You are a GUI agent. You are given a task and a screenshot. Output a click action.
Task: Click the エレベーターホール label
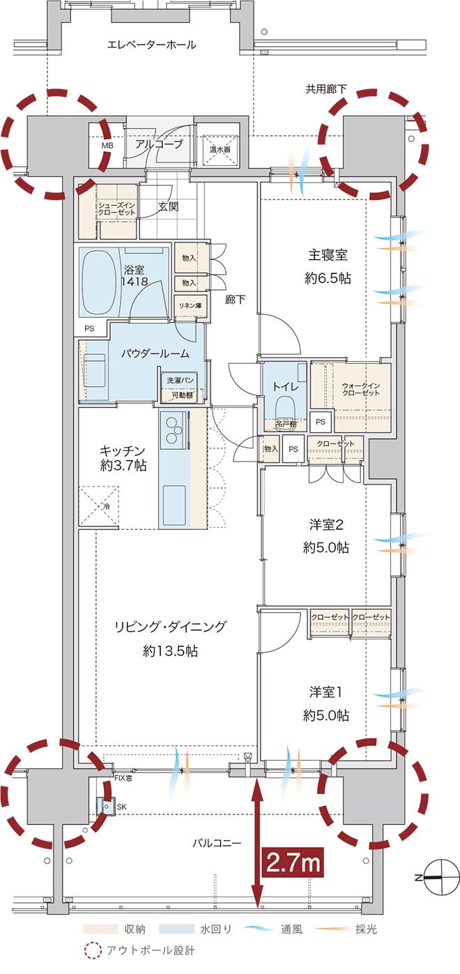pyautogui.click(x=151, y=45)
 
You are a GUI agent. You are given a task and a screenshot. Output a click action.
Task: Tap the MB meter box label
pyautogui.click(x=107, y=146)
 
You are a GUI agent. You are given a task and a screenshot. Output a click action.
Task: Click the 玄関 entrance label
pyautogui.click(x=168, y=206)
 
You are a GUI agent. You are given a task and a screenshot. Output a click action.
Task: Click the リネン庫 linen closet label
pyautogui.click(x=190, y=305)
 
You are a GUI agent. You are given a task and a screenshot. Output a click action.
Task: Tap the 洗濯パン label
pyautogui.click(x=181, y=381)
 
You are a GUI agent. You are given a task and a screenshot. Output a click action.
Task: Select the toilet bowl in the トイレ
pyautogui.click(x=285, y=407)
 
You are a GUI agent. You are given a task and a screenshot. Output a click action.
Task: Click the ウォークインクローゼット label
pyautogui.click(x=361, y=389)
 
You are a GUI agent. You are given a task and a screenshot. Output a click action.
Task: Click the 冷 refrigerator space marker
pyautogui.click(x=107, y=506)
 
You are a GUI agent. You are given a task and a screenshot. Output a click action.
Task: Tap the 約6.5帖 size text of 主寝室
pyautogui.click(x=328, y=278)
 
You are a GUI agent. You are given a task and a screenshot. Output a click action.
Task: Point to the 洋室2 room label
pyautogui.click(x=326, y=525)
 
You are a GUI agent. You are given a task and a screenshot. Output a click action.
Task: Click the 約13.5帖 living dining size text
pyautogui.click(x=171, y=651)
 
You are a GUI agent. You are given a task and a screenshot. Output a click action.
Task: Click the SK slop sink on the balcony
pyautogui.click(x=106, y=807)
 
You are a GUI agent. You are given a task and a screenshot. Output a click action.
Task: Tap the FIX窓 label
pyautogui.click(x=123, y=778)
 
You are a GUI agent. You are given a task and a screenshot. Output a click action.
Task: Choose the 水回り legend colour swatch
pyautogui.click(x=176, y=929)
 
